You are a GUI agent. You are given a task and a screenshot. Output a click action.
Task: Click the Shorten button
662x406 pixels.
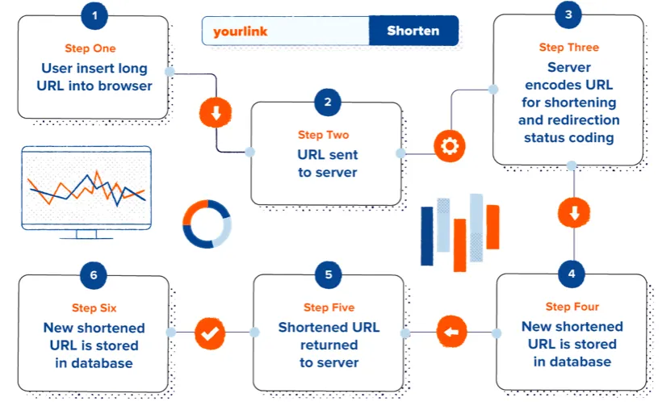[413, 31]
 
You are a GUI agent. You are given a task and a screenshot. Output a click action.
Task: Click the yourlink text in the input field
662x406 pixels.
[240, 31]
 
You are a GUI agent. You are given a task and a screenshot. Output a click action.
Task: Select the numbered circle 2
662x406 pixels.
[327, 103]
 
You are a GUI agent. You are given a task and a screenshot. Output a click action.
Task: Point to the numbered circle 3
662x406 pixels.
[569, 15]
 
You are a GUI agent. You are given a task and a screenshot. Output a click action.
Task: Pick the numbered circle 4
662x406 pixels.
[572, 273]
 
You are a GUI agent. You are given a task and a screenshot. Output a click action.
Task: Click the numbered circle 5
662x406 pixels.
[328, 274]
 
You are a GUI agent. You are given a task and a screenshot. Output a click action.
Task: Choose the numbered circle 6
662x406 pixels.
[94, 274]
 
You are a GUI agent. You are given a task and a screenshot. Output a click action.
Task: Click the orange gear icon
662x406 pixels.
[449, 146]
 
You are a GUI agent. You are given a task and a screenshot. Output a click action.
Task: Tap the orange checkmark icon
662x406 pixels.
[210, 332]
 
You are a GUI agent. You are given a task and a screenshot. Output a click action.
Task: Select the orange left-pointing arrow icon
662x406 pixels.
[452, 332]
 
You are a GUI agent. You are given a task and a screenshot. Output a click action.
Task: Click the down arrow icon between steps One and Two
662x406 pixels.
[215, 113]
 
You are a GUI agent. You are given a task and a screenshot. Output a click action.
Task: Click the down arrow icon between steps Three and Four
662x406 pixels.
[573, 213]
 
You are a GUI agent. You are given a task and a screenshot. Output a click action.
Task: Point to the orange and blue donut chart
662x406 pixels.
[207, 224]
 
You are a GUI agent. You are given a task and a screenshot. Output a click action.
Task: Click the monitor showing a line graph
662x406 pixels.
[86, 190]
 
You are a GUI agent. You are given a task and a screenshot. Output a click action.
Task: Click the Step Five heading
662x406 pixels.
[329, 308]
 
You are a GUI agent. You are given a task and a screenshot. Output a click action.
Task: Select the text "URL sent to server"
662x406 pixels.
[327, 162]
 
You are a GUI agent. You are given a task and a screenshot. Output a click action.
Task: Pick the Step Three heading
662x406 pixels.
[569, 48]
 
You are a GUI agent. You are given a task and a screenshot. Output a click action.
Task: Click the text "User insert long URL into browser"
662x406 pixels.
[94, 76]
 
